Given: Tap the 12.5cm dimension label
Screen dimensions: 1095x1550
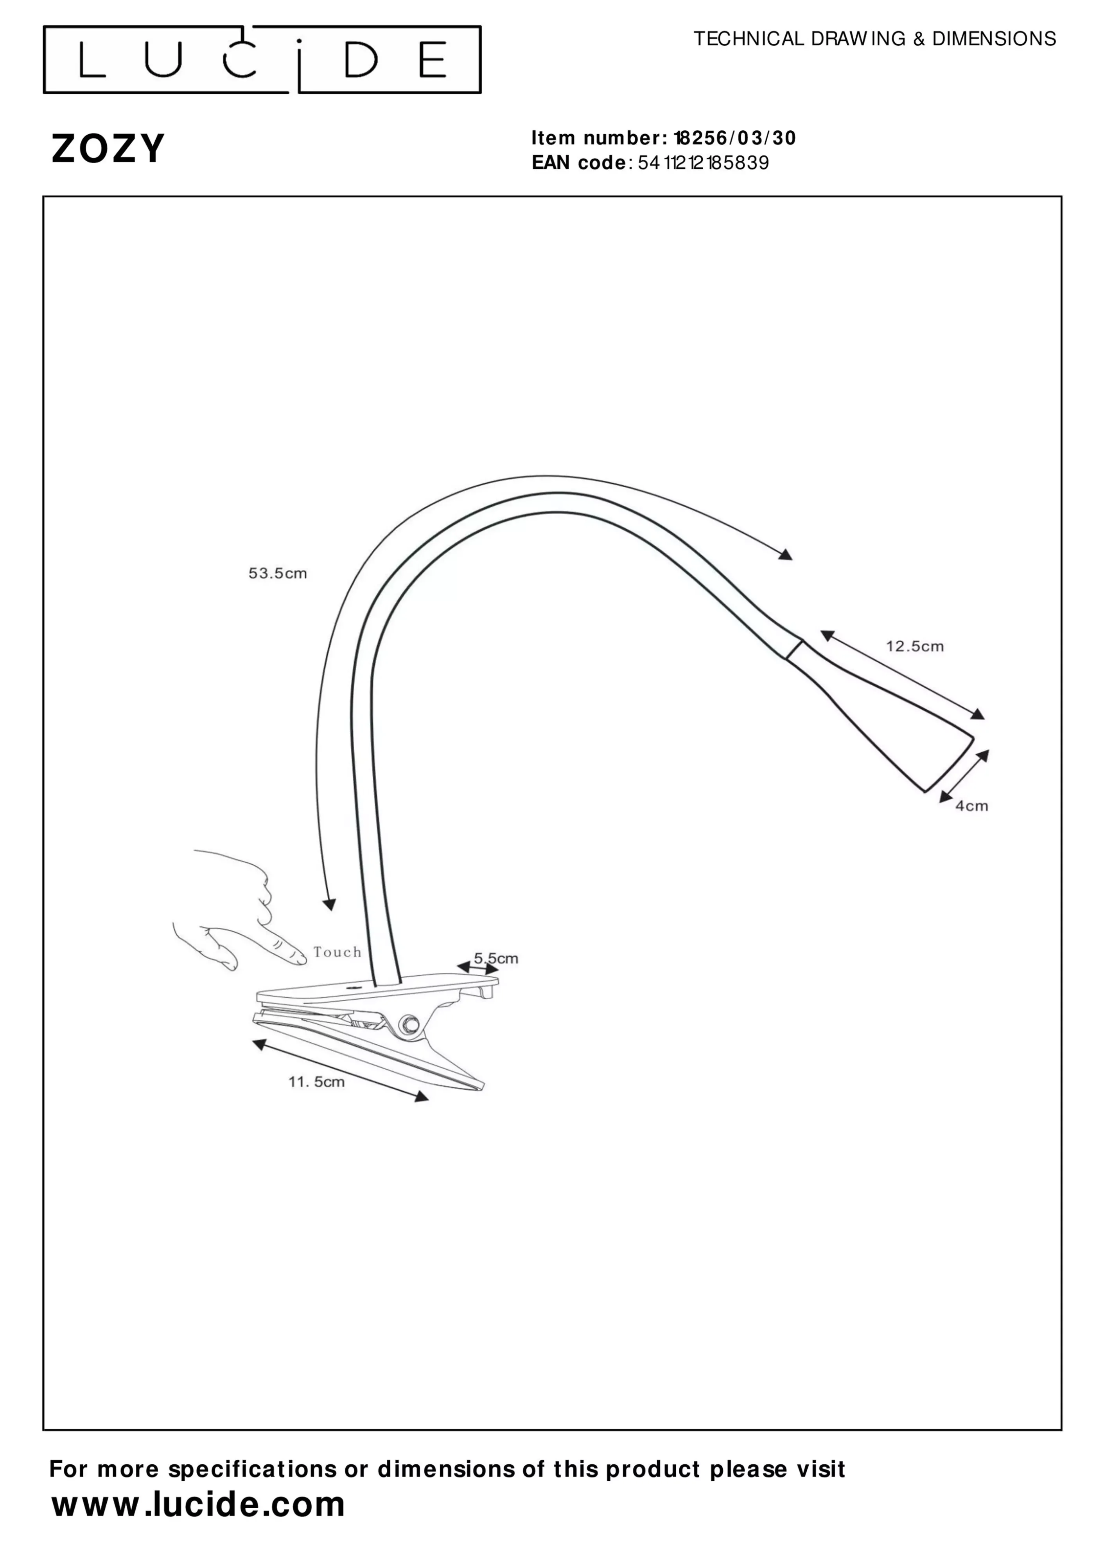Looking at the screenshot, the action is pos(914,646).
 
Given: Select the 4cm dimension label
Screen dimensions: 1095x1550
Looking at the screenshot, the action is pos(971,806).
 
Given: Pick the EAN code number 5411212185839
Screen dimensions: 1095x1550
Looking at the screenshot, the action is pos(703,163).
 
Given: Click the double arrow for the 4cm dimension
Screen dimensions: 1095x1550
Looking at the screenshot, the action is pos(964,776).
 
